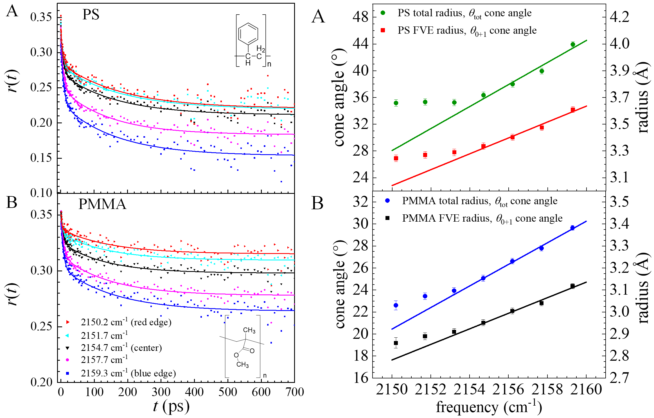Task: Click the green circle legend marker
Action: point(383,13)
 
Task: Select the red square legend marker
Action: point(383,30)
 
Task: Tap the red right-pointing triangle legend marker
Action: point(68,322)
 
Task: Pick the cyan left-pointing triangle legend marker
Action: point(67,335)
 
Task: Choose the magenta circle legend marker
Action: point(67,360)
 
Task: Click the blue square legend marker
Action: point(67,373)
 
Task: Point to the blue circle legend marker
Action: point(387,200)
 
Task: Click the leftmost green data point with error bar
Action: point(396,103)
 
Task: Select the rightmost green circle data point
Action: point(573,44)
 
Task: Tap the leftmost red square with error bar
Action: point(396,158)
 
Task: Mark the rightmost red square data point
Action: point(573,110)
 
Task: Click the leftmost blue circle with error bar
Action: point(396,305)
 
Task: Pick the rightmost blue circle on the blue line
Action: point(572,228)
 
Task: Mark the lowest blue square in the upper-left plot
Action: point(281,182)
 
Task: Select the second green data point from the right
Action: point(542,71)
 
